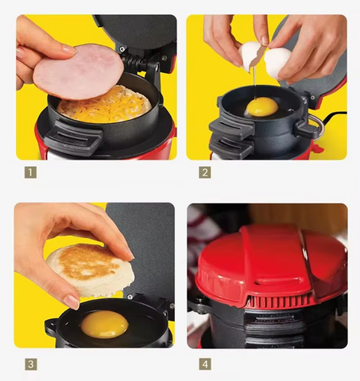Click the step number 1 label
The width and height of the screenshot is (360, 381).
click(30, 172)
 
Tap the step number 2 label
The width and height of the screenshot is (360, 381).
click(205, 172)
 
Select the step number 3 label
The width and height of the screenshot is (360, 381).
click(31, 364)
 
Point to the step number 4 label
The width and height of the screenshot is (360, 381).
click(205, 364)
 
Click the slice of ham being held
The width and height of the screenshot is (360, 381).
click(79, 72)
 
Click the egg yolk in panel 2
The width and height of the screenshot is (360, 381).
click(262, 106)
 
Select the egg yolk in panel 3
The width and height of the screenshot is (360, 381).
click(105, 325)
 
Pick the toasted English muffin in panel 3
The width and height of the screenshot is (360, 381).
click(90, 269)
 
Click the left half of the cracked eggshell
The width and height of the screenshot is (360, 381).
click(250, 56)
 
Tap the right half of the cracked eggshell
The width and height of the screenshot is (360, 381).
click(278, 63)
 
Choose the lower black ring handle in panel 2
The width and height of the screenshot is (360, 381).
click(230, 148)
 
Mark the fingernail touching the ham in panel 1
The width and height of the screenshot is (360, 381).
click(69, 49)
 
